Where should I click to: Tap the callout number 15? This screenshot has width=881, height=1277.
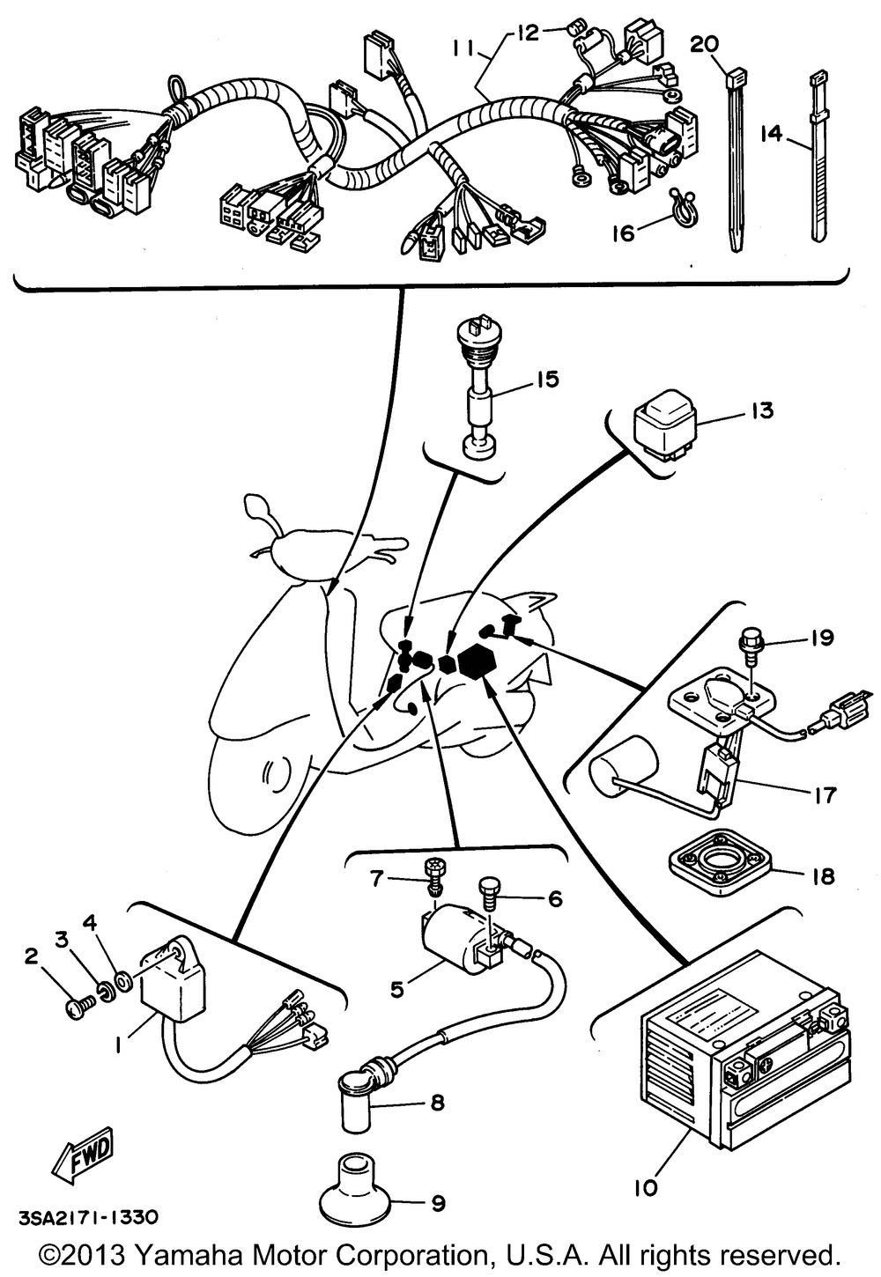547,380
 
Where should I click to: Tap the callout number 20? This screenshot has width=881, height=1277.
705,43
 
